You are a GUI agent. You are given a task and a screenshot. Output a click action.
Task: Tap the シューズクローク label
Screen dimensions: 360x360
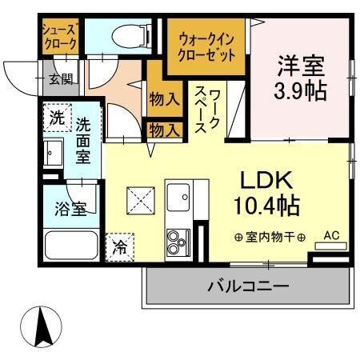tap(60, 35)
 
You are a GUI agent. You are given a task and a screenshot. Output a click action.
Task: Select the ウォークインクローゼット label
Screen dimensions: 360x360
tap(207, 46)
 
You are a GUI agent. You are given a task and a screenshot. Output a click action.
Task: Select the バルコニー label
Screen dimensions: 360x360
tap(248, 286)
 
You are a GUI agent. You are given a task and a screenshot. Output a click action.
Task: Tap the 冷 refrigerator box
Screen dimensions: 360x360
tap(119, 246)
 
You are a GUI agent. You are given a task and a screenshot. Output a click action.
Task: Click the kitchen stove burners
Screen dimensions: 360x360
tap(176, 239)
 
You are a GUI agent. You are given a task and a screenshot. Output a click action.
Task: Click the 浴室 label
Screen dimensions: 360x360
tap(70, 210)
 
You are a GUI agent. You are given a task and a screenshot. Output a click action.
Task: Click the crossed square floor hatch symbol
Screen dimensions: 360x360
tap(141, 198)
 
